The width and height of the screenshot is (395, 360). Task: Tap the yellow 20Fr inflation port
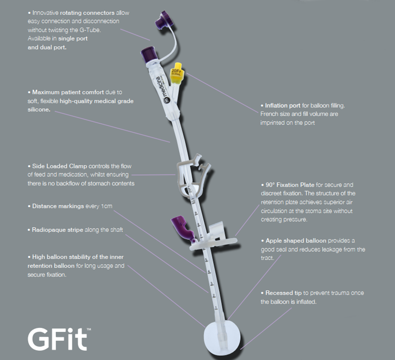pos(178,73)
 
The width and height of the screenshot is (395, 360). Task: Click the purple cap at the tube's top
pos(164,19)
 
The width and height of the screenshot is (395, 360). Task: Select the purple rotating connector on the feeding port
pos(148,55)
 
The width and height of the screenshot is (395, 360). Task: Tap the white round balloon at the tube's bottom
pos(222,338)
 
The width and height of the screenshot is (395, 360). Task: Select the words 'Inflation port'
pos(283,106)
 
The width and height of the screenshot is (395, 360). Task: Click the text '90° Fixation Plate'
pos(289,185)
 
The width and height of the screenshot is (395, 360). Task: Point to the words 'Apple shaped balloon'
pos(296,241)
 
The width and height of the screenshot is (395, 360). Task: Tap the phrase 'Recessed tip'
pos(284,293)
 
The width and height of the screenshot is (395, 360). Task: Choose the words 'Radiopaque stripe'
pos(57,230)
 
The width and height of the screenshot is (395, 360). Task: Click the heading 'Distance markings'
pos(58,206)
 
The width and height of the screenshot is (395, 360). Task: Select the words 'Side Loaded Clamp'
pos(60,166)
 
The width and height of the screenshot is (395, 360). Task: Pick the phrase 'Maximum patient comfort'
pos(68,92)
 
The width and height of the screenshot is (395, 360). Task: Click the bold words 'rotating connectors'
pos(87,13)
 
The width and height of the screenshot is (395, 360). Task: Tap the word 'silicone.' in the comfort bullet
pos(39,109)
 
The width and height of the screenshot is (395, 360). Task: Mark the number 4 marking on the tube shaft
pos(209,272)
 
